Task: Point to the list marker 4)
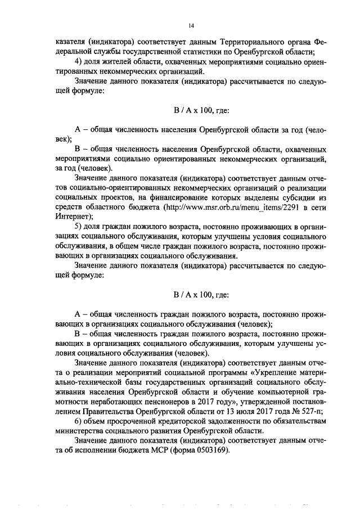[x=79, y=62]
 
